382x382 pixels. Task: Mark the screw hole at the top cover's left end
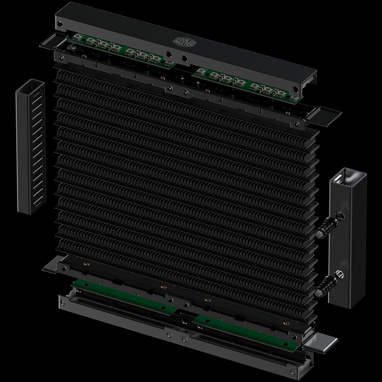tap(60, 23)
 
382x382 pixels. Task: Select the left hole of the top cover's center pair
tap(168, 54)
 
